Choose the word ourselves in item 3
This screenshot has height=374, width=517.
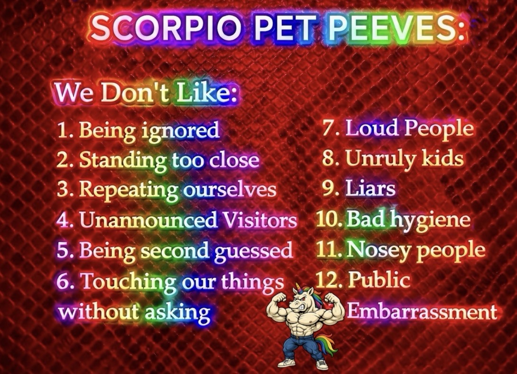[x=230, y=190]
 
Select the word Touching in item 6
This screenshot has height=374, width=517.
[x=129, y=282]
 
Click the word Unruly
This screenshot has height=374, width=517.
[x=381, y=159]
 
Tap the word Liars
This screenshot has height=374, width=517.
[x=370, y=188]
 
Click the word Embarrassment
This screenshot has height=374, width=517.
[x=422, y=311]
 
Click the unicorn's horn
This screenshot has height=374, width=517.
[x=298, y=287]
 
